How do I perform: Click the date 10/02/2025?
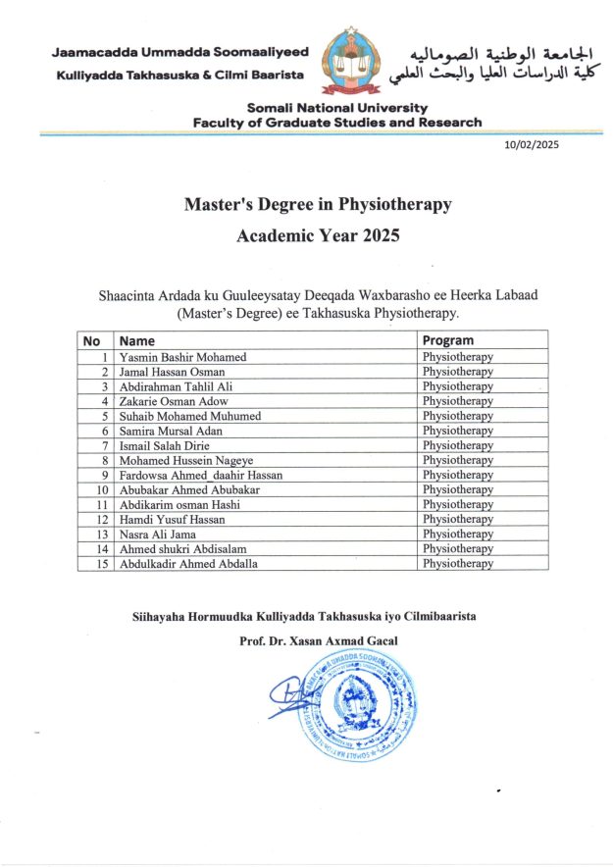click(532, 144)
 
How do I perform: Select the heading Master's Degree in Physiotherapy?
click(318, 205)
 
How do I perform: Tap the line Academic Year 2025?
click(318, 236)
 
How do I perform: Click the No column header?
click(92, 340)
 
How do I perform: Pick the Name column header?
click(137, 340)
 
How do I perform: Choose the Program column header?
click(448, 340)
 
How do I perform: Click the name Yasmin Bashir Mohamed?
click(182, 357)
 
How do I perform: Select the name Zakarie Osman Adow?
click(175, 401)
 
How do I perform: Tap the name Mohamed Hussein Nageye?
click(185, 460)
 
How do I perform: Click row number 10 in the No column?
click(101, 489)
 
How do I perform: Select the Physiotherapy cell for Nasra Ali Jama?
click(457, 534)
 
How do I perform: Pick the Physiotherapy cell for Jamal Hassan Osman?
click(457, 372)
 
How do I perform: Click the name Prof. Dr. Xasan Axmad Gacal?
click(319, 641)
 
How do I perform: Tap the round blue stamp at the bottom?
click(357, 703)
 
